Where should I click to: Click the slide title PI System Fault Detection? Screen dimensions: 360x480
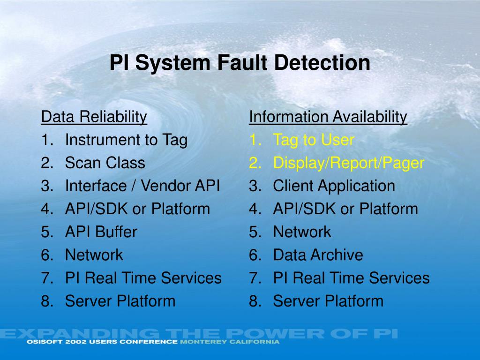(x=240, y=63)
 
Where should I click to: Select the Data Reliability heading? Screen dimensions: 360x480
(x=94, y=117)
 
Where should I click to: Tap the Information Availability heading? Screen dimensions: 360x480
(x=328, y=117)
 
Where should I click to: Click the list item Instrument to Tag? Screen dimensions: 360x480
(x=126, y=140)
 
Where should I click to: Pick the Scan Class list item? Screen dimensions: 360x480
(x=105, y=163)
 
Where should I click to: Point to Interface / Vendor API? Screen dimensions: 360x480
(x=142, y=186)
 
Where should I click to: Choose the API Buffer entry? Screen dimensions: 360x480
(x=101, y=232)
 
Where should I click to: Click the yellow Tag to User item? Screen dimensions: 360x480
(x=314, y=140)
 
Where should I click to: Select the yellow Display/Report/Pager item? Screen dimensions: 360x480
(x=348, y=163)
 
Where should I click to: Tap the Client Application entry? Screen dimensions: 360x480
(x=334, y=186)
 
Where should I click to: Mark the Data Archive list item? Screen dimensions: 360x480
(x=318, y=255)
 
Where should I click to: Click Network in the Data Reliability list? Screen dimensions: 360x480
(x=94, y=255)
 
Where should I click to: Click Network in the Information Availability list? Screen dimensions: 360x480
(x=302, y=232)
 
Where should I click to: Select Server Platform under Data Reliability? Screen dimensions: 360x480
(x=120, y=301)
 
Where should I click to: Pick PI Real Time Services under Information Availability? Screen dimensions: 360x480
(x=351, y=278)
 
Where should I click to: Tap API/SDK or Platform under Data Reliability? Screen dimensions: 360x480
(x=137, y=209)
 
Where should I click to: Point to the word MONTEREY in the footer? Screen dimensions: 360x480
(x=200, y=342)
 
